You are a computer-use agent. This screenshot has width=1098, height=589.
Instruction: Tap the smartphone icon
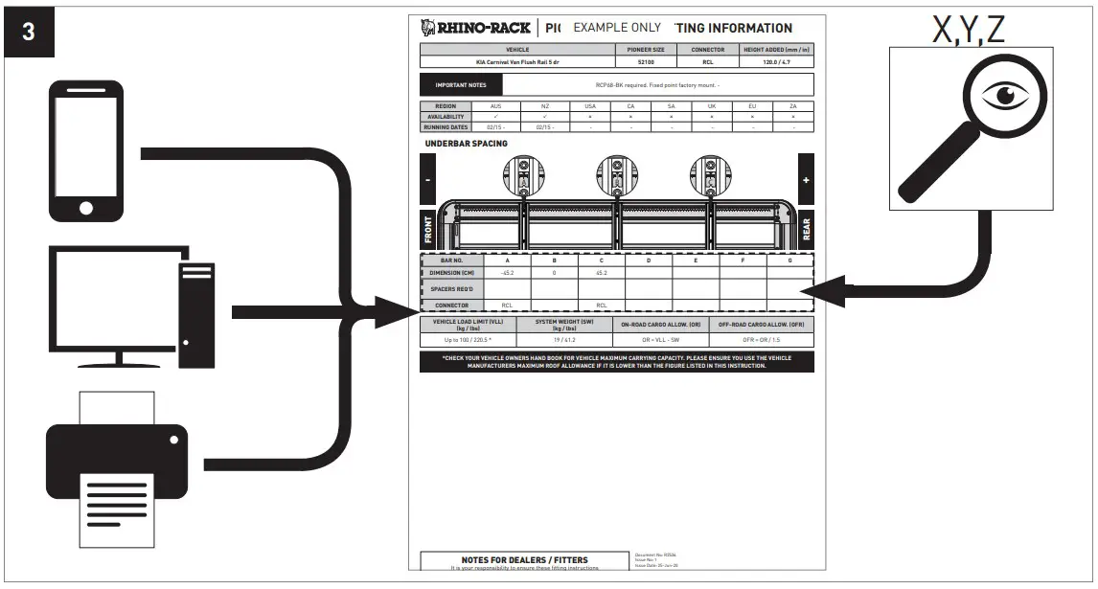pyautogui.click(x=85, y=150)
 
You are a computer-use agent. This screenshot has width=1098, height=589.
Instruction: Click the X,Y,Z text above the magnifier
pyautogui.click(x=969, y=30)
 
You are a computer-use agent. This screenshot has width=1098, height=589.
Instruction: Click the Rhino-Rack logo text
pyautogui.click(x=476, y=28)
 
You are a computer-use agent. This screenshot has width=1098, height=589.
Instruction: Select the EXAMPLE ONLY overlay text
pyautogui.click(x=617, y=28)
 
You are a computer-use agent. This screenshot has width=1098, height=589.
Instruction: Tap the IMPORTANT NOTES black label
pyautogui.click(x=461, y=85)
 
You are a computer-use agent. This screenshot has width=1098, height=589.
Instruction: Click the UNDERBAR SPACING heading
pyautogui.click(x=467, y=144)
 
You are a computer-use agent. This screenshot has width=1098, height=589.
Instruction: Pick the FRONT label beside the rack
pyautogui.click(x=428, y=231)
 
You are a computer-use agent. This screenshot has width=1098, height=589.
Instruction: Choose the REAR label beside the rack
pyautogui.click(x=806, y=230)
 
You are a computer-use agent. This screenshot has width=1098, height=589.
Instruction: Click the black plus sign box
pyautogui.click(x=806, y=179)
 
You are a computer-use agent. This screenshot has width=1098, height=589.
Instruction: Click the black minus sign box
pyautogui.click(x=428, y=180)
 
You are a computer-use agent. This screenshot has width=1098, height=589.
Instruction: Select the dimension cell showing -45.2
pyautogui.click(x=507, y=273)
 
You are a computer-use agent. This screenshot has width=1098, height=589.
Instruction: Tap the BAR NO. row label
pyautogui.click(x=452, y=260)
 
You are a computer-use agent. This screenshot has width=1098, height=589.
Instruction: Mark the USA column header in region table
pyautogui.click(x=590, y=106)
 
